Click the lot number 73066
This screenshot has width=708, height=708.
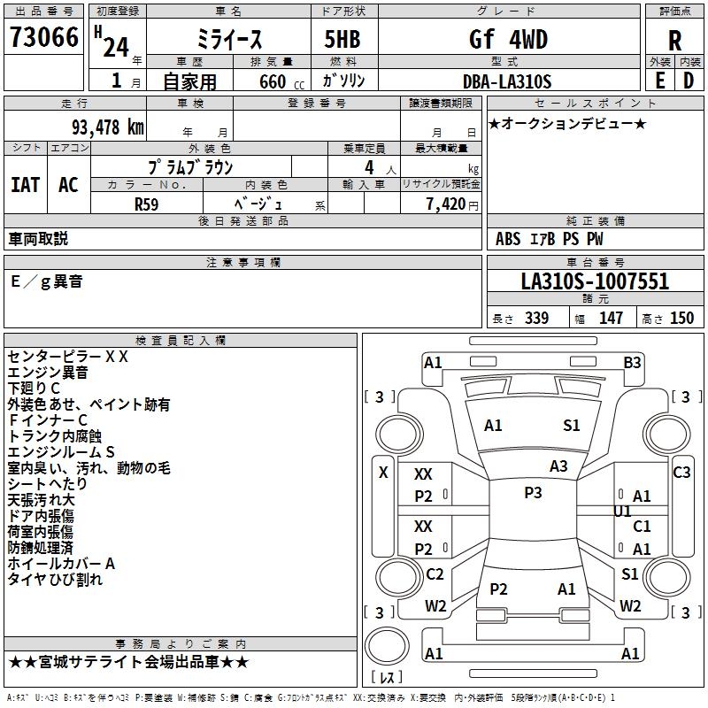tap(44, 39)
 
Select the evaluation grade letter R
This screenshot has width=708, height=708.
tap(674, 41)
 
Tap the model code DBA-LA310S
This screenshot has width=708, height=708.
tap(507, 81)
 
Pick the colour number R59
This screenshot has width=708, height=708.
tap(148, 204)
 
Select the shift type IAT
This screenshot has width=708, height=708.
tap(26, 185)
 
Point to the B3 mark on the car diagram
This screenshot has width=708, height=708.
tap(632, 362)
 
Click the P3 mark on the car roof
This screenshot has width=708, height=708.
tap(533, 493)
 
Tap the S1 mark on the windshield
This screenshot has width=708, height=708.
tap(572, 426)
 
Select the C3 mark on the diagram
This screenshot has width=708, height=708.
tap(681, 473)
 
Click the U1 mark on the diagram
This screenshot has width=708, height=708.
tap(622, 512)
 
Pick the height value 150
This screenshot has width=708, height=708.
tap(681, 319)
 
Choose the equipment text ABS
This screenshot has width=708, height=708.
tap(508, 238)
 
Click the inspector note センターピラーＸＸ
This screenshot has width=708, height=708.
tap(68, 357)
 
